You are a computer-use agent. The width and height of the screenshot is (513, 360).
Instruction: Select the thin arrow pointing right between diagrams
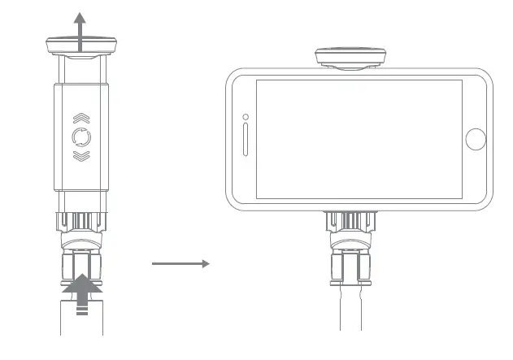click(180, 263)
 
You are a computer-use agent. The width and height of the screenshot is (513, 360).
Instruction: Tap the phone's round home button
click(475, 139)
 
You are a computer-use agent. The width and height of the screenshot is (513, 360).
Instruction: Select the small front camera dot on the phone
click(246, 117)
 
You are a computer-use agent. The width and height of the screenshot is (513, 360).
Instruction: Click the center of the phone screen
click(358, 139)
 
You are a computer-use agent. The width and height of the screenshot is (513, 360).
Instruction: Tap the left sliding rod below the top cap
click(64, 71)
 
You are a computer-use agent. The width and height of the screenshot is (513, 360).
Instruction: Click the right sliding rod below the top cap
click(100, 71)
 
